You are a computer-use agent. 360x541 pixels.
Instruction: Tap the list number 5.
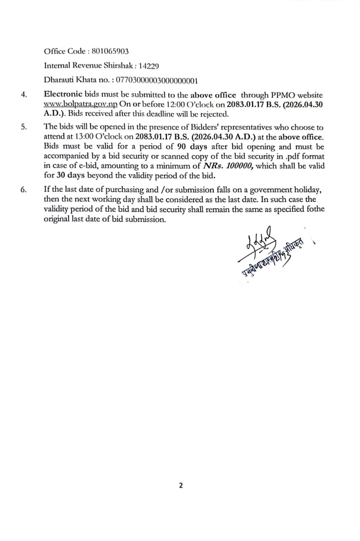[24, 127]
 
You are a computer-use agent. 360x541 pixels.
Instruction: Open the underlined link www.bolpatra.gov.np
[81, 104]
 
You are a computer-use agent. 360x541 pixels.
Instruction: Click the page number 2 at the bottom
[181, 486]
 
